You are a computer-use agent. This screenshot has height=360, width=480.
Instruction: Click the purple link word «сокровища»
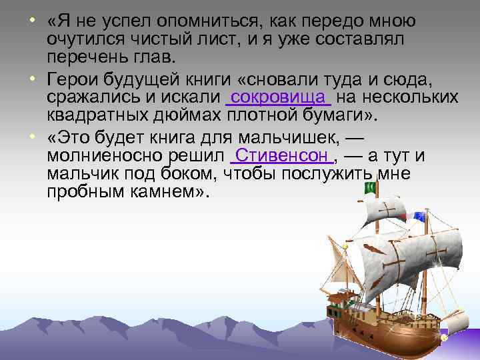coord(279,98)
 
